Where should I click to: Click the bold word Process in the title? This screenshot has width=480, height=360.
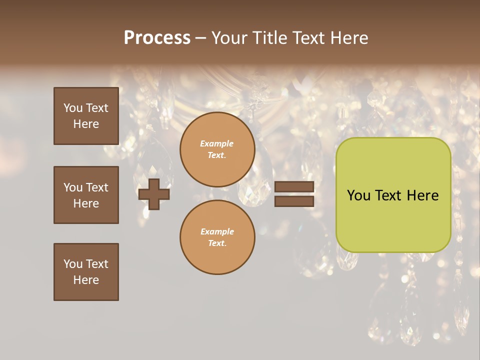click(157, 38)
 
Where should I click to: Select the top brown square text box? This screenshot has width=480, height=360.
click(86, 116)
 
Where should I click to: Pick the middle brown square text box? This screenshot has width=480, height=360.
click(86, 195)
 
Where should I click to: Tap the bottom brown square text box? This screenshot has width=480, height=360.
click(86, 272)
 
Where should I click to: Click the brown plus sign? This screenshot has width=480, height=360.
click(154, 194)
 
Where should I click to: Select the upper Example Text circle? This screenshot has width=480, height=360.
click(217, 149)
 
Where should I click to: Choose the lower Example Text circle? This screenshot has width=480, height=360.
click(217, 237)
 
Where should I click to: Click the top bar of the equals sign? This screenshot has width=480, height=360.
click(294, 187)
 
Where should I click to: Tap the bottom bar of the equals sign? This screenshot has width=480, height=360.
click(294, 201)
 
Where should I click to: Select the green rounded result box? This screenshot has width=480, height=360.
click(393, 195)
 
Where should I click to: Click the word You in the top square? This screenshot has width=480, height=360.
click(73, 108)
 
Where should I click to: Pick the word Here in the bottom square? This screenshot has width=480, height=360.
click(86, 280)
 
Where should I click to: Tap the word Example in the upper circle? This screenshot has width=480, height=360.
click(216, 143)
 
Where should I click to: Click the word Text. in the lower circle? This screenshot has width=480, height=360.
click(217, 243)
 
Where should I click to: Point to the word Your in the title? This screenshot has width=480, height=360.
click(230, 38)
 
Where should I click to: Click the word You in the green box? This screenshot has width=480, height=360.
click(358, 195)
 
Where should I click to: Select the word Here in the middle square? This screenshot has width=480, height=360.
click(86, 203)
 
